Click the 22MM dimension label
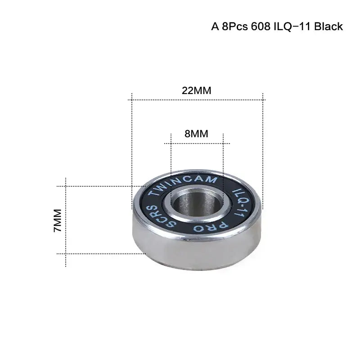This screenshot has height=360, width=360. (197, 90)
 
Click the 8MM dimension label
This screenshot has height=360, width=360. (197, 134)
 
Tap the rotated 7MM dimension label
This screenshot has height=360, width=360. (57, 220)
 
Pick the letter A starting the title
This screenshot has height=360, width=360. (215, 26)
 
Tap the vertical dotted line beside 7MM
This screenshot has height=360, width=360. (66, 220)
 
